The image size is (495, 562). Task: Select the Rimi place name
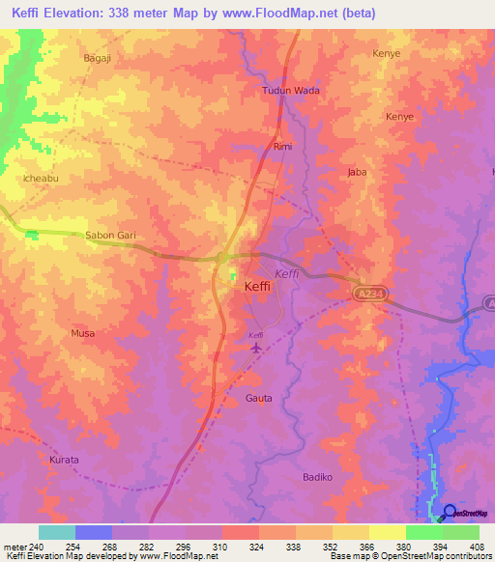coord(282,147)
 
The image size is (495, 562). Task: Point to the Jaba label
coord(358,173)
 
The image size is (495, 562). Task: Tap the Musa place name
coord(82,333)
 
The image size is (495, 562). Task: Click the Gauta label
coord(259,398)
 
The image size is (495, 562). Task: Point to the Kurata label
coord(64,460)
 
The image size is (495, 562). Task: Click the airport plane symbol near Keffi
coord(256,348)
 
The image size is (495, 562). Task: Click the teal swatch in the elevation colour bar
coord(56,532)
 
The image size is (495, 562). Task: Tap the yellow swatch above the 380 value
coord(387,532)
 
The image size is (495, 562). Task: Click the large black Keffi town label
coord(257,287)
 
